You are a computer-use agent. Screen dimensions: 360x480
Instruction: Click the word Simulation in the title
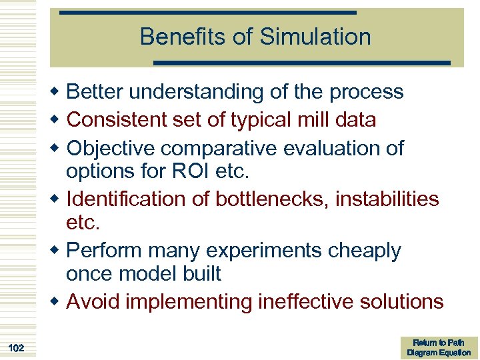coord(315,37)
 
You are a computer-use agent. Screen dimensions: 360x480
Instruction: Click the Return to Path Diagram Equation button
coord(439,347)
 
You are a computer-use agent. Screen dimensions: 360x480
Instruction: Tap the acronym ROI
coord(191,171)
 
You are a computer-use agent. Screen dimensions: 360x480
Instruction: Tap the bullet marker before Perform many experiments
coord(59,251)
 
